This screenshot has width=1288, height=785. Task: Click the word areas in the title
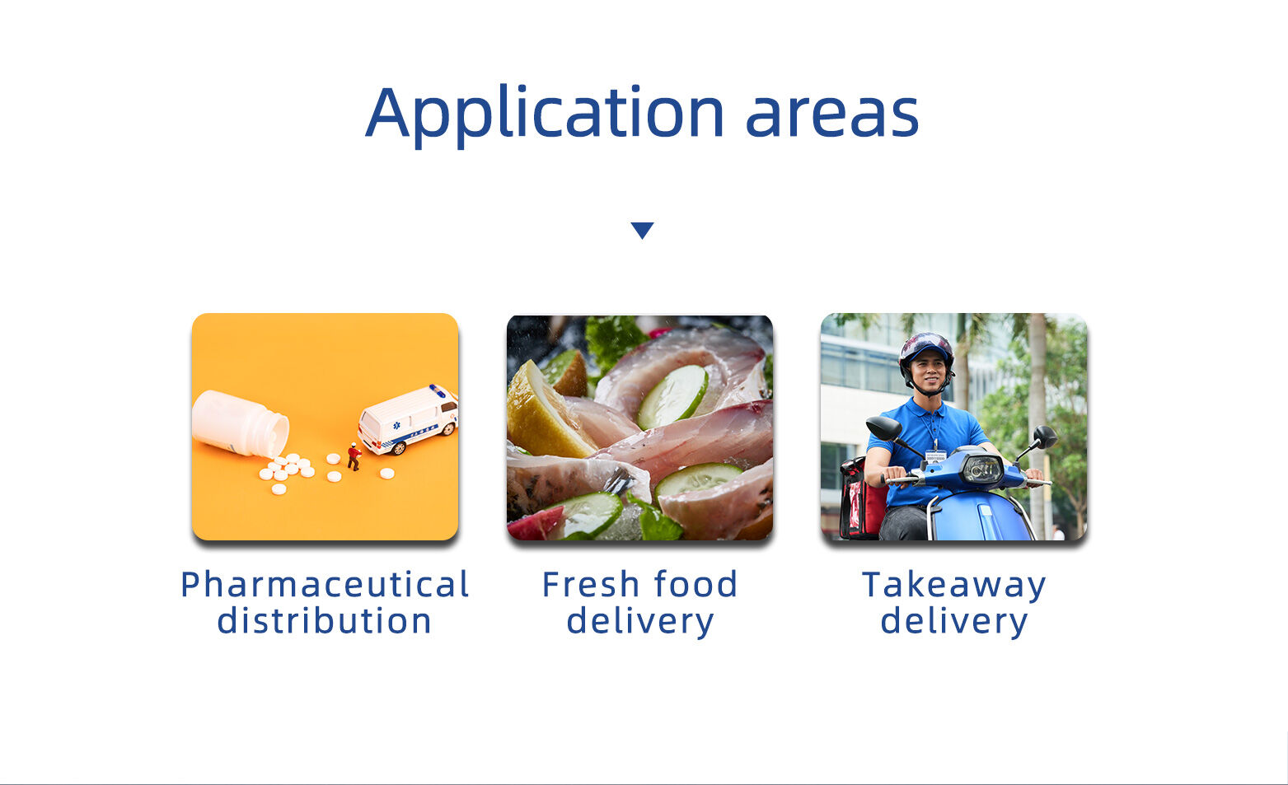pos(832,118)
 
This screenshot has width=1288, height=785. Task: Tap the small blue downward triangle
pos(642,230)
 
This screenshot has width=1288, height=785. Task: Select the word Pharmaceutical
pos(325,585)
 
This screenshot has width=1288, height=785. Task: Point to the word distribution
pos(325,620)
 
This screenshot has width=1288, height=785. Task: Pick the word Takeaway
pos(954,586)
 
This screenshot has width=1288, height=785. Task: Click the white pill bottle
pos(241,423)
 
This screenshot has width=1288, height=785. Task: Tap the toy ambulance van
pos(409,419)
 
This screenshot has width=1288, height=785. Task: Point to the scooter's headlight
pos(982,469)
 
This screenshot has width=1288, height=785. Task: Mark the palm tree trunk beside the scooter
pos(1037,425)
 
